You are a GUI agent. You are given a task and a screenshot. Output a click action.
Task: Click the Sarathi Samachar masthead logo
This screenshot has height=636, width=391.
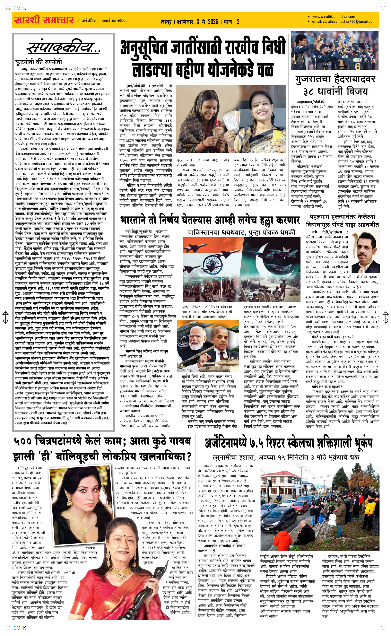tap(43, 20)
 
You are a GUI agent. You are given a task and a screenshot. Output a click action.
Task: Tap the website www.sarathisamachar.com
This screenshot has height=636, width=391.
tap(333, 17)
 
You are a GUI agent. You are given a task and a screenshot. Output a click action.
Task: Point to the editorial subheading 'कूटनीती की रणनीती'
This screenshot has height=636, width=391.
tap(39, 62)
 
